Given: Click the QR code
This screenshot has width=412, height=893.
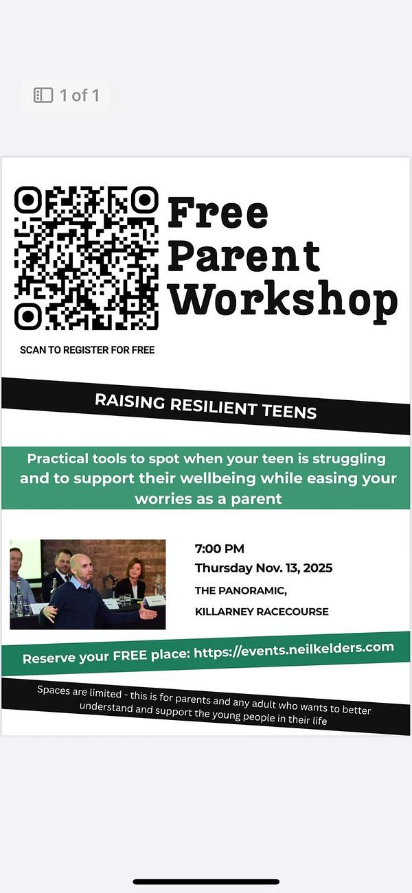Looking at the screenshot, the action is tap(86, 258).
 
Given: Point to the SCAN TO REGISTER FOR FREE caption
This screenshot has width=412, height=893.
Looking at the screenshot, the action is tap(87, 350).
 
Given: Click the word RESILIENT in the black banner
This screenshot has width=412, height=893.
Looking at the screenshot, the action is tap(213, 406).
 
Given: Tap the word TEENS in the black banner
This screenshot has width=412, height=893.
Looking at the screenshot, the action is tap(289, 411).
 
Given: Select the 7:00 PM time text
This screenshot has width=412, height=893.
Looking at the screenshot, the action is tap(219, 549).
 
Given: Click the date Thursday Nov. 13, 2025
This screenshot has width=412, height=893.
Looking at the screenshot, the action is tap(264, 568).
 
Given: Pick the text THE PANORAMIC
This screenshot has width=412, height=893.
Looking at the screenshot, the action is tap(241, 590).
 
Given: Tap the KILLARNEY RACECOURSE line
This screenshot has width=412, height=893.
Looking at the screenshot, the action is tap(262, 612).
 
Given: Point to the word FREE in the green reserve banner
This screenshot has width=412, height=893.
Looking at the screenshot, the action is tap(130, 656).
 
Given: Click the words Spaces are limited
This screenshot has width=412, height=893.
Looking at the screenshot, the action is tap(80, 692).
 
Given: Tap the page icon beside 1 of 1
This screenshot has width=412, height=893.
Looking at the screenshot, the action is tap(43, 95).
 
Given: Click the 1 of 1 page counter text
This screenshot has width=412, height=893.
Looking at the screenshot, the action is tap(80, 95).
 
